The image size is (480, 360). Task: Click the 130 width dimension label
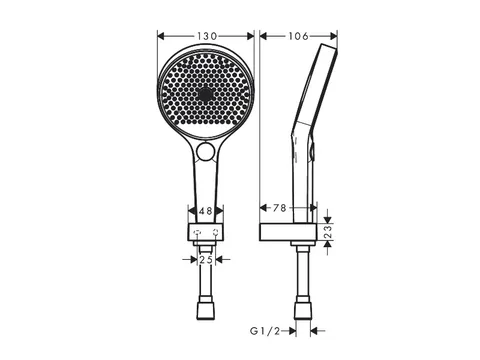click(x=207, y=36)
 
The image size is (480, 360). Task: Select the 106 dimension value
click(x=298, y=36)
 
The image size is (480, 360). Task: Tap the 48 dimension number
click(x=206, y=211)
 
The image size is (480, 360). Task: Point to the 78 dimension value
click(x=280, y=208)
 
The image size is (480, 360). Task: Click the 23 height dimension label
click(x=328, y=232)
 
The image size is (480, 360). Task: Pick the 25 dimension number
click(x=206, y=259)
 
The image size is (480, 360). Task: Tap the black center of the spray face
click(x=205, y=93)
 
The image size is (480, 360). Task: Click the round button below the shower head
click(x=205, y=151)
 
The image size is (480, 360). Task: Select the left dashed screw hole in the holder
click(x=197, y=232)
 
